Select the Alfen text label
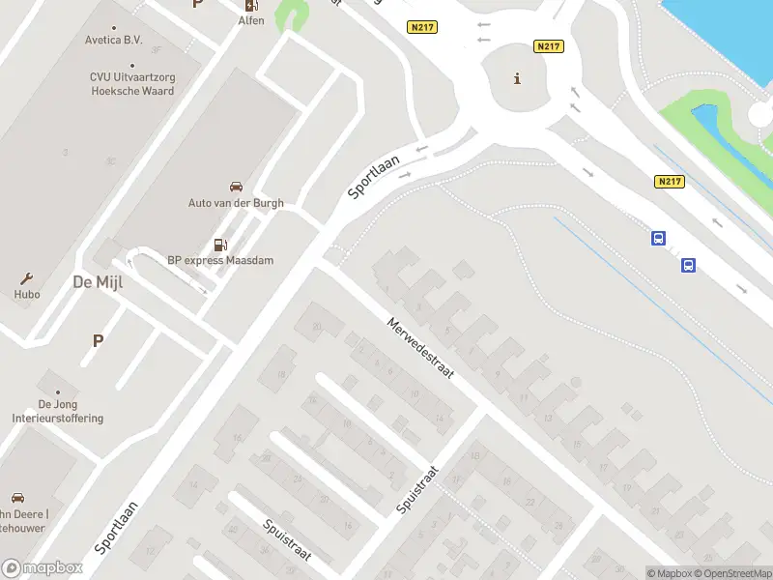pyautogui.click(x=251, y=20)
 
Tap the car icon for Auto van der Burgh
pyautogui.click(x=236, y=187)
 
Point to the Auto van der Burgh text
pyautogui.click(x=236, y=203)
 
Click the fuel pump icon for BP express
pyautogui.click(x=221, y=245)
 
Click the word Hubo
pyautogui.click(x=26, y=293)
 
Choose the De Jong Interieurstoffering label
pyautogui.click(x=58, y=412)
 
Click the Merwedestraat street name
pyautogui.click(x=420, y=347)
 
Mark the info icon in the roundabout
pyautogui.click(x=518, y=79)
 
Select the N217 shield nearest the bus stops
pyautogui.click(x=669, y=182)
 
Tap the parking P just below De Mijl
pyautogui.click(x=98, y=340)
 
